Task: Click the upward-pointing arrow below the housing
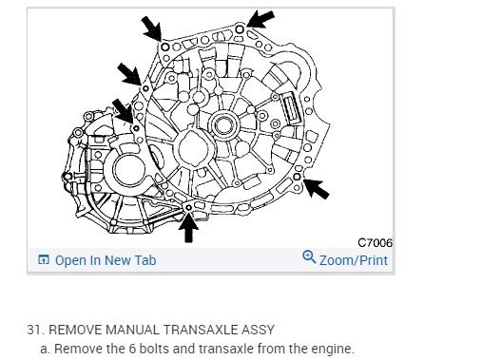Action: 188,227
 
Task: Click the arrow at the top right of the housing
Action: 260,19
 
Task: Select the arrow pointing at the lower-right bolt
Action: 317,189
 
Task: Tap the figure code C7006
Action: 375,243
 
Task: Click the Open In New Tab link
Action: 106,260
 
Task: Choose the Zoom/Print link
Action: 354,260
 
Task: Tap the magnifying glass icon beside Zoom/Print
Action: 309,256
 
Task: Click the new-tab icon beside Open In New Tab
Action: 44,259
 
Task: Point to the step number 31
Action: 35,330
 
